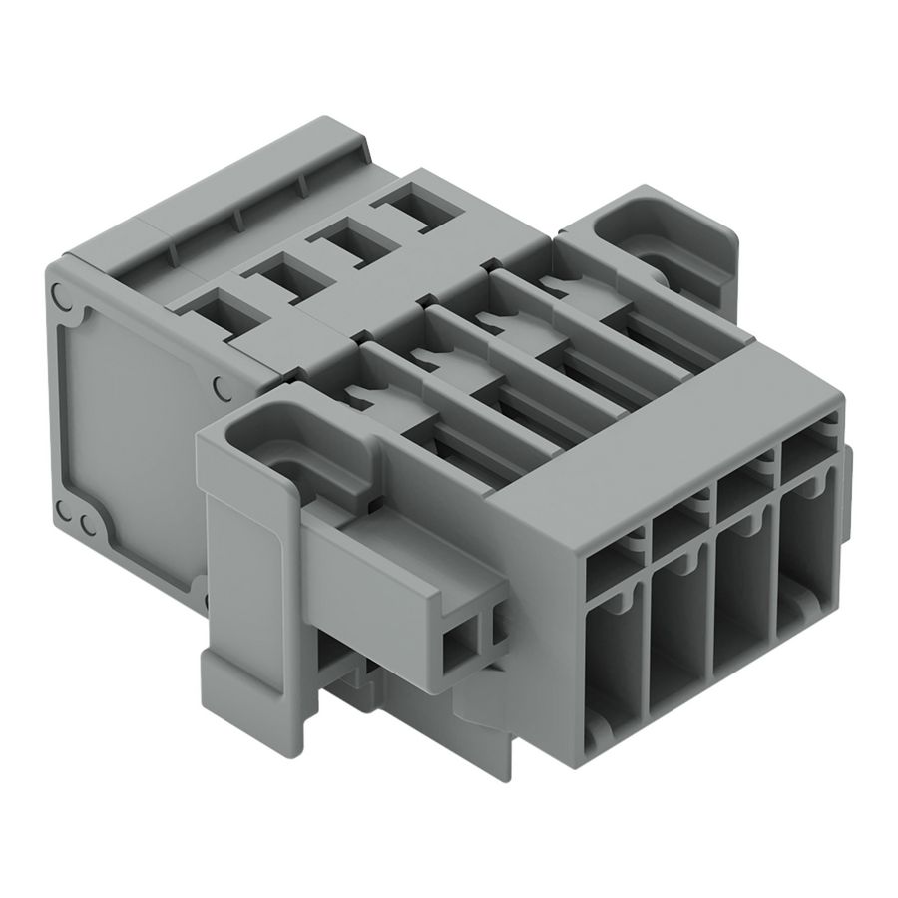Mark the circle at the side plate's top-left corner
tap(60, 296)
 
